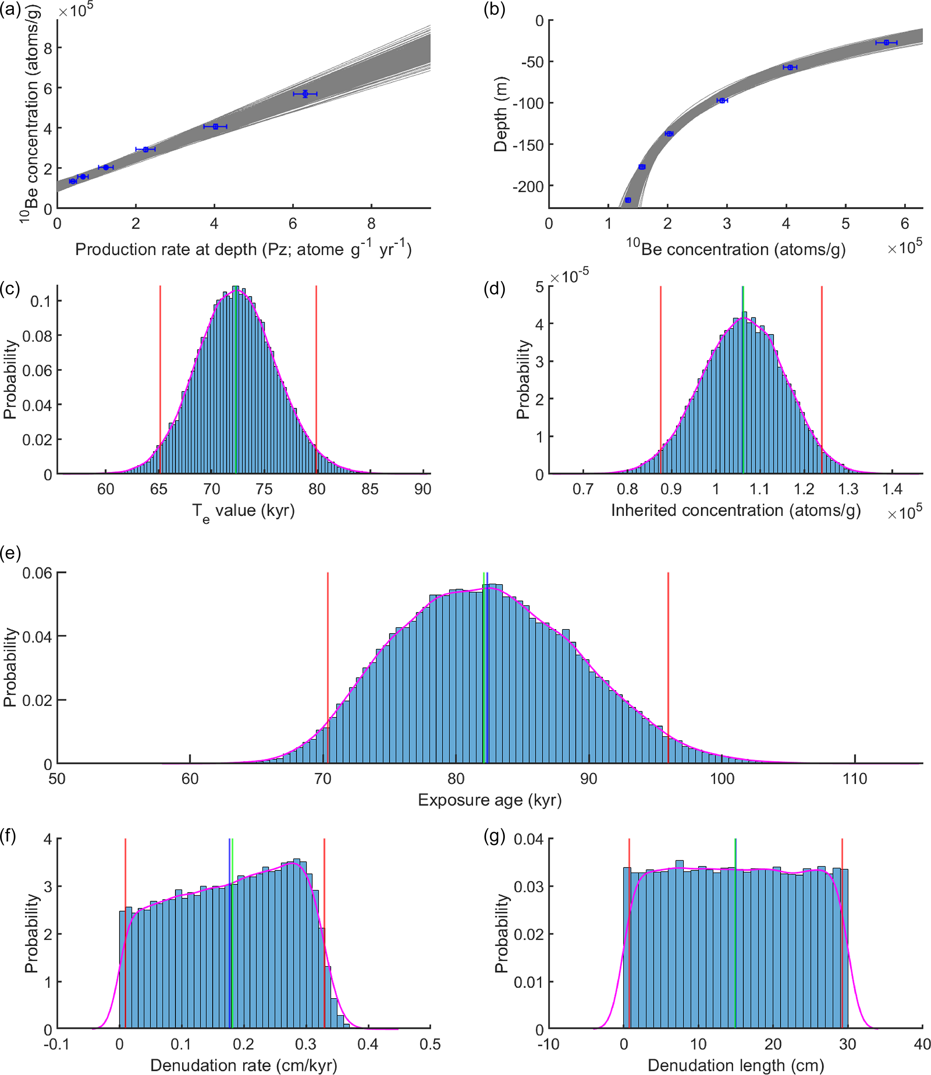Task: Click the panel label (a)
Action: click(10, 10)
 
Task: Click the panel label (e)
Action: click(10, 554)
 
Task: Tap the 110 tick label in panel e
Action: click(855, 779)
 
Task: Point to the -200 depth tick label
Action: click(528, 186)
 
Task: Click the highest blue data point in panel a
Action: click(305, 93)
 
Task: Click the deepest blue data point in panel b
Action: click(628, 200)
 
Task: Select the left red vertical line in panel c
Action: click(160, 379)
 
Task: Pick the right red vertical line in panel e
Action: click(668, 668)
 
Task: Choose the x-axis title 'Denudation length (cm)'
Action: click(736, 1065)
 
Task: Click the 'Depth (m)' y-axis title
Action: click(500, 115)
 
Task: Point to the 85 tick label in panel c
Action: click(370, 489)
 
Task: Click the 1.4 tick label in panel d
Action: click(892, 489)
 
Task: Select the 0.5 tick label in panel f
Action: click(430, 1044)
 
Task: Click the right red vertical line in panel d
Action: click(822, 379)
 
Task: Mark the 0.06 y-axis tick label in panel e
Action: click(37, 573)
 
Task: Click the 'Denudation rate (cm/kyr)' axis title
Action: click(244, 1065)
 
